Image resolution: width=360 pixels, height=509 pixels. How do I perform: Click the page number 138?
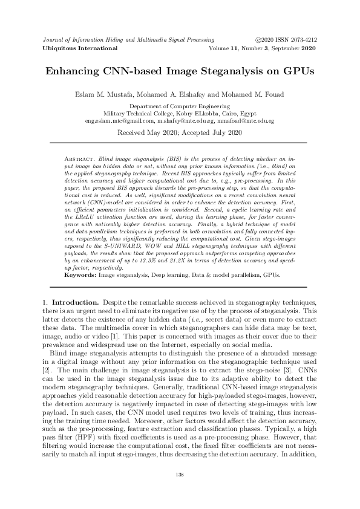point(180,475)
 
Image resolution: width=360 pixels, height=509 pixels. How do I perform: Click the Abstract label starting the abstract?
point(78,157)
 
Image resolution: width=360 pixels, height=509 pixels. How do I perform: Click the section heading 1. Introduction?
point(70,300)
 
